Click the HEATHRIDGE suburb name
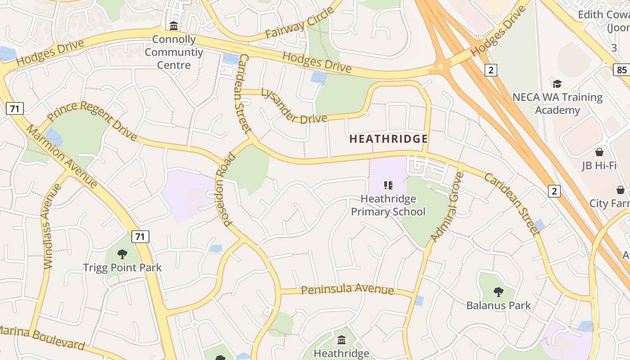[x=388, y=139]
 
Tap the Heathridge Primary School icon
[x=388, y=185]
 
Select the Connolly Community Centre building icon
[x=174, y=26]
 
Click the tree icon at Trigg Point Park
[x=122, y=254]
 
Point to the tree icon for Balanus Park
[x=498, y=292]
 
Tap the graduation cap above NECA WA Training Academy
[x=557, y=84]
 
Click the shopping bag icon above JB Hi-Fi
[x=599, y=152]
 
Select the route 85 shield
[x=621, y=70]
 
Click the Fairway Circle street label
[x=300, y=22]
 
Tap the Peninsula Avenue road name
[x=347, y=289]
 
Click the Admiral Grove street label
[x=446, y=207]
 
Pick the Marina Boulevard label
[x=42, y=338]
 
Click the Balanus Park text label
[x=498, y=306]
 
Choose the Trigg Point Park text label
[x=122, y=268]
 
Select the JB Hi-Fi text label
[x=599, y=166]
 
